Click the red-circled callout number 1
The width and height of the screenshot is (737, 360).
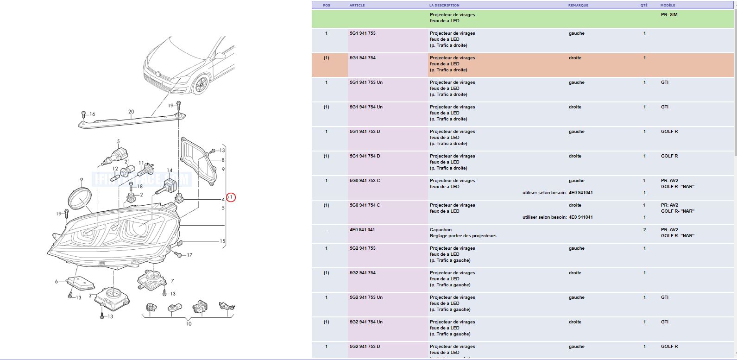coord(231,197)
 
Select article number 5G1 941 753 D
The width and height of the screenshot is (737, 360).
coord(365,131)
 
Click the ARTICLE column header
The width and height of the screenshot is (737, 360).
coord(357,5)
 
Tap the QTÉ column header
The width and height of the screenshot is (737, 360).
coord(644,5)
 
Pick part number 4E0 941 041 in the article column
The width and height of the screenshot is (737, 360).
coord(362,230)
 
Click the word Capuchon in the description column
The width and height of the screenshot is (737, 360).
coord(441,230)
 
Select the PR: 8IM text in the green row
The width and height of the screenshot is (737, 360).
coord(669,15)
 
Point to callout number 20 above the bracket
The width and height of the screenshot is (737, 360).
coord(131,112)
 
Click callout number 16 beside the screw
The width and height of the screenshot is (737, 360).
coord(92,114)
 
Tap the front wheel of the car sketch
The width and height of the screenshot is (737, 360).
coord(201,85)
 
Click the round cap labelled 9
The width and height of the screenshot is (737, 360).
coord(79,199)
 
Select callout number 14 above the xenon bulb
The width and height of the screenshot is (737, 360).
coord(170,171)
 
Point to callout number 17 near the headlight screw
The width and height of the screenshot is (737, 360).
coord(189,255)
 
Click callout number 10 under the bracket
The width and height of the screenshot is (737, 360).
coord(189,324)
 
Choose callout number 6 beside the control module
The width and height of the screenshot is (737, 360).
coord(56,281)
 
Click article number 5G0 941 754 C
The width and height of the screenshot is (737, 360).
coord(365,205)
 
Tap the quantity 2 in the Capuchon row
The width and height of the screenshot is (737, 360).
coord(644,230)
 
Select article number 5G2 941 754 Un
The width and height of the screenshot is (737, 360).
coord(366,322)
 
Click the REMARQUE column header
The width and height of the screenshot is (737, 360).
coord(578,5)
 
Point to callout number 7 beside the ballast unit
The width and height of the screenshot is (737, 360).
coord(172,281)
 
